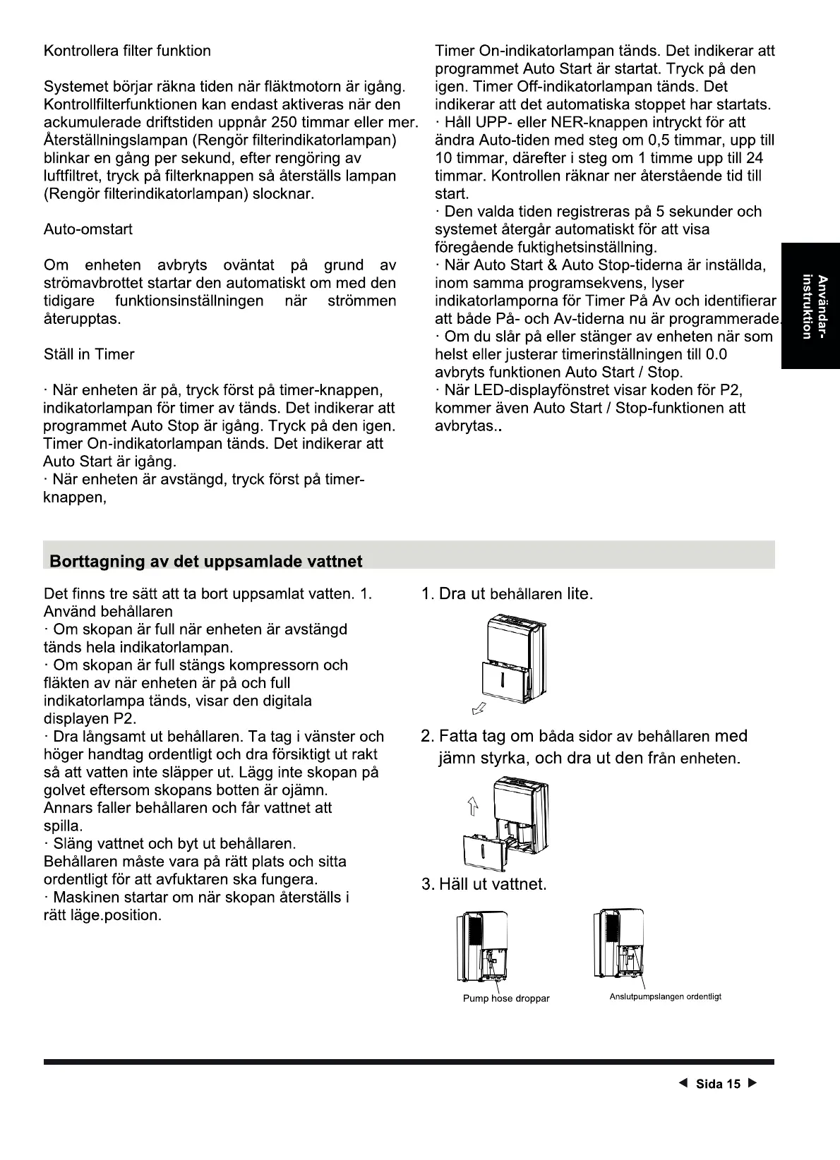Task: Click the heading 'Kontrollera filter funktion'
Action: (127, 51)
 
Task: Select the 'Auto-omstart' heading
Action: (88, 229)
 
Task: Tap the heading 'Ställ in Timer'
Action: (89, 354)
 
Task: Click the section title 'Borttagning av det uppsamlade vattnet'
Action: (205, 562)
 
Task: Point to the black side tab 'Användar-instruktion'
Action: (810, 306)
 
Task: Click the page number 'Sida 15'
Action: (718, 1085)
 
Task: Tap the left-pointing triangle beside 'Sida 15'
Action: (682, 1084)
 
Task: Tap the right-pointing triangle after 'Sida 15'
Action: (752, 1084)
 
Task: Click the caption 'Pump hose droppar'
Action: (505, 998)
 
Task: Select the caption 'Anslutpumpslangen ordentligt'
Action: (665, 997)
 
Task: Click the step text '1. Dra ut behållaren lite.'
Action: (506, 594)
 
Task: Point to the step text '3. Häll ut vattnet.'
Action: (484, 884)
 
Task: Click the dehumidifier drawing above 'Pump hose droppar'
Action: (482, 945)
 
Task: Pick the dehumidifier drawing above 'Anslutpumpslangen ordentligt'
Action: (620, 944)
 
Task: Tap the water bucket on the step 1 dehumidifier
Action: (504, 681)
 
